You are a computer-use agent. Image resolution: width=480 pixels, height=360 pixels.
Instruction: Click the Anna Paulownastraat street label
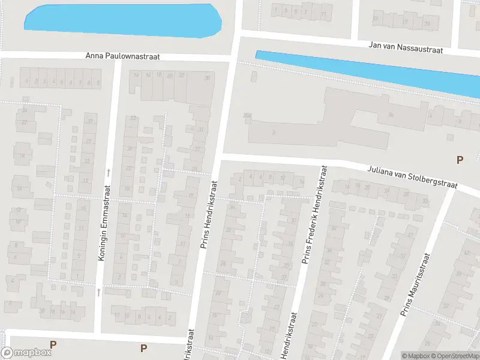point(123,56)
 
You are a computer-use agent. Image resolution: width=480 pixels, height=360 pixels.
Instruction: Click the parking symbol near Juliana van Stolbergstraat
point(460,160)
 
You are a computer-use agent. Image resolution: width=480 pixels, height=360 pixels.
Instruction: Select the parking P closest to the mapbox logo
point(53,344)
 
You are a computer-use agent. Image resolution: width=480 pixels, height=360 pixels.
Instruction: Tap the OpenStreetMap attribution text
point(456,356)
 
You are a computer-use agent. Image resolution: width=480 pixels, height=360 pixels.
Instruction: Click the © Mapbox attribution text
point(416,356)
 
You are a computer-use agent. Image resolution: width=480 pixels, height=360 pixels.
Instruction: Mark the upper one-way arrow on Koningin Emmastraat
point(109,172)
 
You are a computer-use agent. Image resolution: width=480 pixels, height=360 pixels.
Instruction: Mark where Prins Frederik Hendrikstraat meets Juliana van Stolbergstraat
point(325,166)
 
